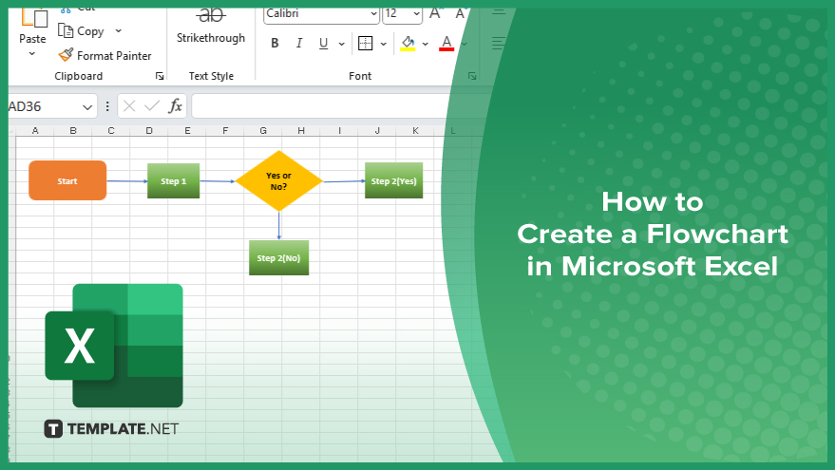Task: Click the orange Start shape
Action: point(67,180)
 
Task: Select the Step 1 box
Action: point(174,181)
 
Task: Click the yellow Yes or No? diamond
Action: point(279,181)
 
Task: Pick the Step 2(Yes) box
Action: point(393,180)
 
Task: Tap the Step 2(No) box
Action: point(278,257)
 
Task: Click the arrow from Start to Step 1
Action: point(127,181)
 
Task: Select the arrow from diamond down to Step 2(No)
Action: point(279,226)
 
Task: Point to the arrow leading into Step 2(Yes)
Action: point(344,181)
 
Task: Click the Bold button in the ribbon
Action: point(275,43)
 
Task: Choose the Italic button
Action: point(299,43)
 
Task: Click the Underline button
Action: point(323,43)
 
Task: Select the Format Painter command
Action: point(104,55)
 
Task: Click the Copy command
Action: point(81,31)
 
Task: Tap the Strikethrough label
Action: point(211,38)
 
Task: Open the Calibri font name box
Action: point(321,14)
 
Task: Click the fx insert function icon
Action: point(175,106)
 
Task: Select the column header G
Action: point(263,130)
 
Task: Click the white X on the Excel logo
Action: point(80,346)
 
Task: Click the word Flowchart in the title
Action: point(717,234)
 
